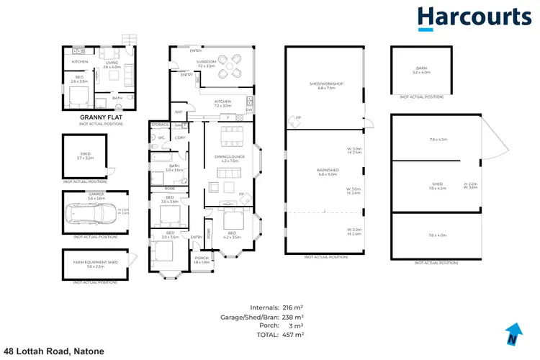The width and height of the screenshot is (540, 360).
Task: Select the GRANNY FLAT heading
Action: point(100,117)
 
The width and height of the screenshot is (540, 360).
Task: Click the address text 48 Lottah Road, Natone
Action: point(54,351)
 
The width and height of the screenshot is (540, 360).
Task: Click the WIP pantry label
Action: point(179,112)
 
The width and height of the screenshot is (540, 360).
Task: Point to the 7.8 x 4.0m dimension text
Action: point(438,235)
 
